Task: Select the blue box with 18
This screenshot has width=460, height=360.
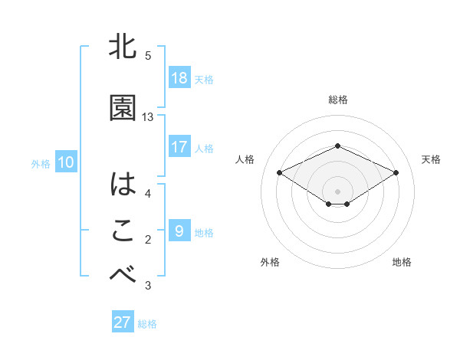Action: click(179, 78)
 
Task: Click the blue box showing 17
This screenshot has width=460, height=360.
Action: click(179, 147)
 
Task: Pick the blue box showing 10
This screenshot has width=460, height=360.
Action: click(66, 162)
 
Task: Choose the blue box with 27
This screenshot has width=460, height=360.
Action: click(123, 322)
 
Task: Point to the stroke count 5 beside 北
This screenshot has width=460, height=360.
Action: click(148, 56)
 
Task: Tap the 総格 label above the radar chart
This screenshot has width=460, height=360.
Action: click(338, 100)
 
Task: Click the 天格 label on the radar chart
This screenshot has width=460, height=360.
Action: click(431, 159)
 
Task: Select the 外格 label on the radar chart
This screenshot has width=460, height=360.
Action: click(270, 262)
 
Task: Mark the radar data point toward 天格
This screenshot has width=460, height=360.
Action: click(396, 172)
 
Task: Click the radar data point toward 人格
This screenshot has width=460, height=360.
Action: click(279, 172)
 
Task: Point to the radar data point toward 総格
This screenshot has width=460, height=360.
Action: click(338, 146)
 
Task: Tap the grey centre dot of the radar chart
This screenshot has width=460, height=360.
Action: click(338, 190)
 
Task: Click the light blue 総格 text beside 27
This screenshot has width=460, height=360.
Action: click(147, 323)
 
